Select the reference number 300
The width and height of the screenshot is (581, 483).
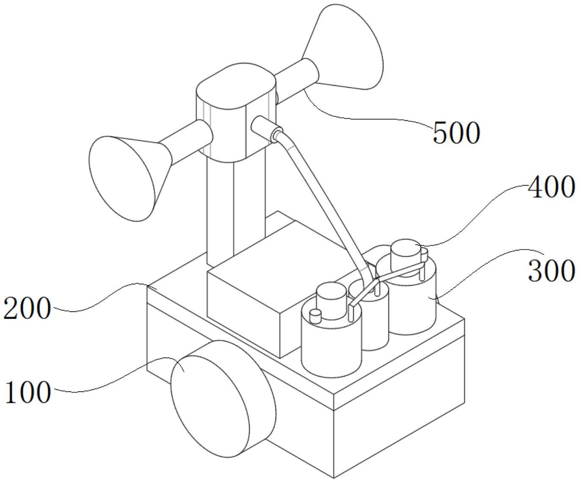point(551,270)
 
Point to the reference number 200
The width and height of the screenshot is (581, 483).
point(27,308)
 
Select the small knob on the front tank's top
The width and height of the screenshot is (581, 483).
point(316,316)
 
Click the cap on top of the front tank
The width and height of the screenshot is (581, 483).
point(331,301)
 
